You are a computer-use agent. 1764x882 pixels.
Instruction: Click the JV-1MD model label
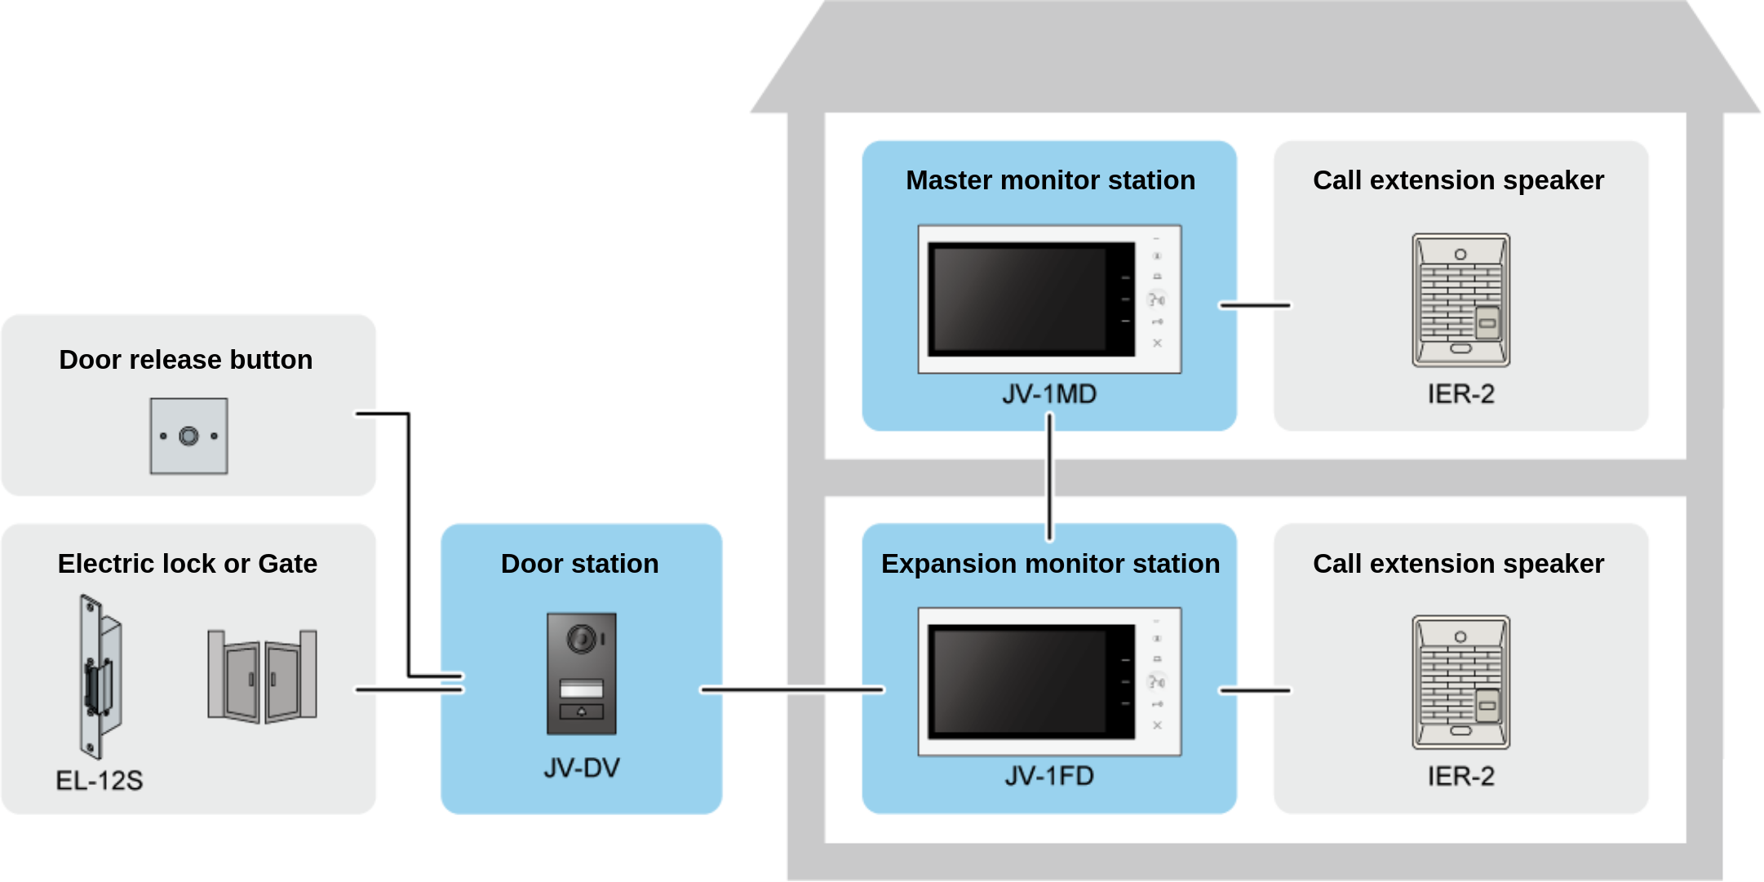pos(1049,394)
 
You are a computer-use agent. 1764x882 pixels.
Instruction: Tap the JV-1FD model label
pos(1049,776)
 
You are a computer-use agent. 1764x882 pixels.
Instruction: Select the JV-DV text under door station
pos(582,768)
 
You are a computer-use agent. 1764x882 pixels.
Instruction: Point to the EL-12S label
pos(99,781)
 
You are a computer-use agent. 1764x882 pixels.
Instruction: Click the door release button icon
pos(188,437)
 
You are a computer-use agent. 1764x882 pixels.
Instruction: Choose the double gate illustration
pos(262,676)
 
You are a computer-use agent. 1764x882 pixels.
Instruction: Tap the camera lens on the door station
pos(582,639)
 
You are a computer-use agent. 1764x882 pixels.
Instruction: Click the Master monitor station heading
pos(1050,180)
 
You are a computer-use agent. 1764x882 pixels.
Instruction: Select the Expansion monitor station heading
pos(1050,564)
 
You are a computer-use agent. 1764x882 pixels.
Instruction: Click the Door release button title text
pos(186,360)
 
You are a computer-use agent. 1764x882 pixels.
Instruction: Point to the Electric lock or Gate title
pos(187,564)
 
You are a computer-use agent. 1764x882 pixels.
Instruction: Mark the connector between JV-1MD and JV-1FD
pos(1049,477)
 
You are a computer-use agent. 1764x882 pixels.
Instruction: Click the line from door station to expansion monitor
pos(791,690)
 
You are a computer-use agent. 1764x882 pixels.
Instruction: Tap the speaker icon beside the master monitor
pos(1460,300)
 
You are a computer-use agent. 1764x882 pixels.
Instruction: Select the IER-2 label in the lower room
pos(1460,776)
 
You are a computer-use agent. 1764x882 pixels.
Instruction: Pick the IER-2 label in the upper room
pos(1460,394)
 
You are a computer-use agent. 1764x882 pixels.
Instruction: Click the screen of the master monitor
pos(1020,299)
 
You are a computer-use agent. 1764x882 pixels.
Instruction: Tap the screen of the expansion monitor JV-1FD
pos(1020,681)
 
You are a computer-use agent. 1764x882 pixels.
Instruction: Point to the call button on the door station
pos(582,711)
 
